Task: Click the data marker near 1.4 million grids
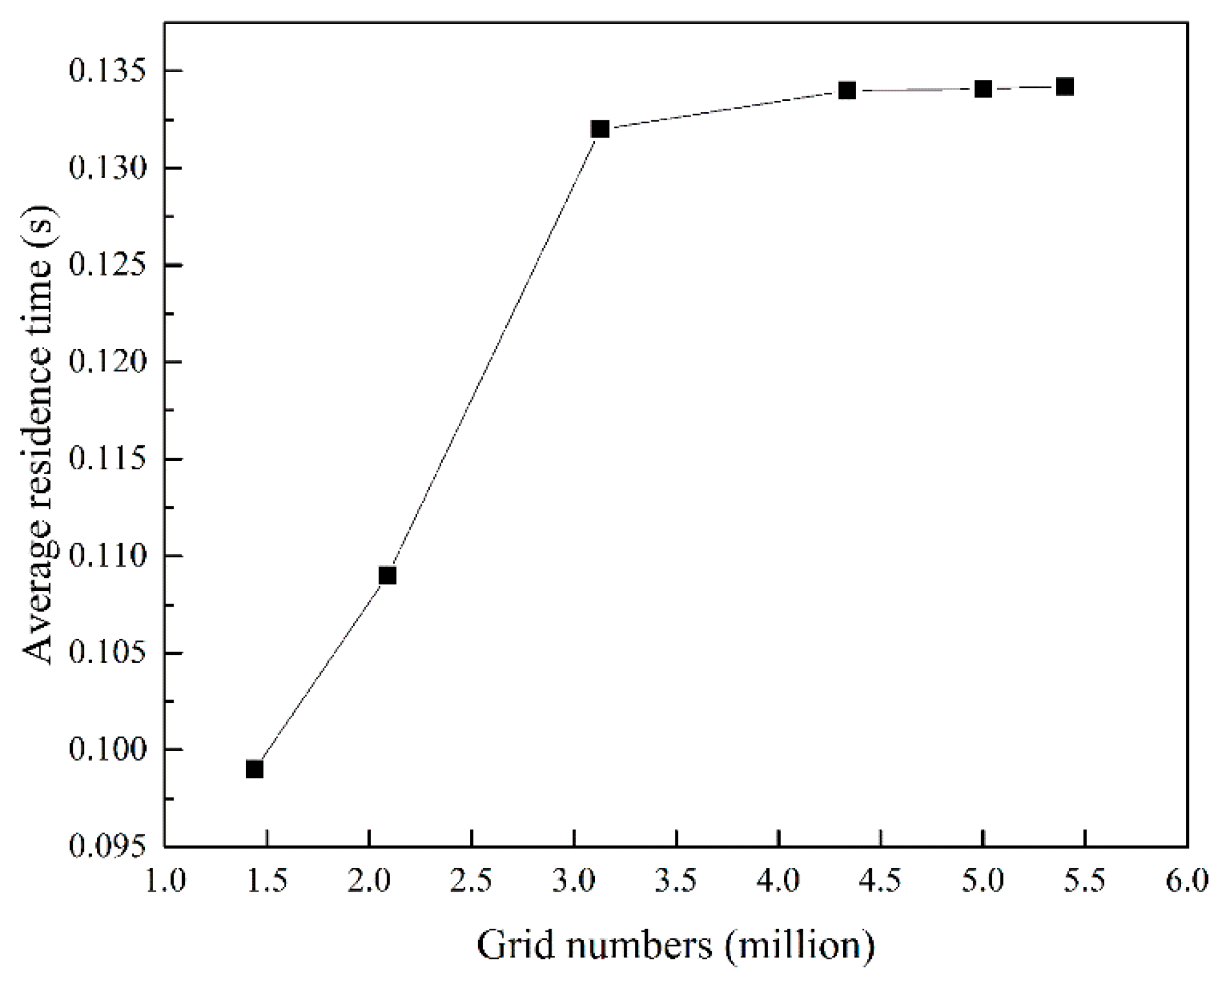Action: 255,769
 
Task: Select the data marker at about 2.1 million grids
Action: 387,576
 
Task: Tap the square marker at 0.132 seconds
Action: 600,128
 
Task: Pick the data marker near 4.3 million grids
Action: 847,90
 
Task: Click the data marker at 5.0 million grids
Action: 983,89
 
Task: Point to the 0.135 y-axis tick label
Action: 107,72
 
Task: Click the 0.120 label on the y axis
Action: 107,362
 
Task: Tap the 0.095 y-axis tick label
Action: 107,847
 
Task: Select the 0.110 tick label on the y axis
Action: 107,556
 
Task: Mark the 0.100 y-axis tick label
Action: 107,750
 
